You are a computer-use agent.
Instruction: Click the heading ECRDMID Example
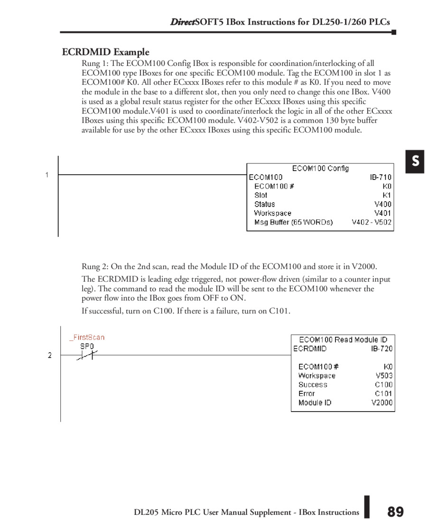[x=105, y=52]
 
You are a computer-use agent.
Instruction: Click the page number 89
[x=395, y=512]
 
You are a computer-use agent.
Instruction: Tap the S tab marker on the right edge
[x=415, y=162]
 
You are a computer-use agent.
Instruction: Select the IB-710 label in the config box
[x=381, y=178]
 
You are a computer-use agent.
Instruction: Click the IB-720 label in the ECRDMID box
[x=381, y=349]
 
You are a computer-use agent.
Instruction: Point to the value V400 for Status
[x=383, y=204]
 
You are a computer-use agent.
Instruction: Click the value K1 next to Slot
[x=387, y=195]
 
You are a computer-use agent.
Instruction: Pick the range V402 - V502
[x=371, y=222]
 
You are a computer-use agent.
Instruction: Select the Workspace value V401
[x=383, y=213]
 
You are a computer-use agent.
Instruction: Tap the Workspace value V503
[x=384, y=376]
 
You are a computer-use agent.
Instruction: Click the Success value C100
[x=383, y=385]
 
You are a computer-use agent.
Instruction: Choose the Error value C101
[x=383, y=394]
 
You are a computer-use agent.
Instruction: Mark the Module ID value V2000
[x=382, y=403]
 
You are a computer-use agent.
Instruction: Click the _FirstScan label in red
[x=86, y=337]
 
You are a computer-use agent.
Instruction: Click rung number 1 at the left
[x=47, y=175]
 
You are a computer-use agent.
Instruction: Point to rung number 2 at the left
[x=49, y=355]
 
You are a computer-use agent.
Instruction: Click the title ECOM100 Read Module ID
[x=343, y=340]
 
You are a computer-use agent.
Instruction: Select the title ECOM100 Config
[x=320, y=168]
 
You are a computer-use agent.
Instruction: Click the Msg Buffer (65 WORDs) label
[x=293, y=222]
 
